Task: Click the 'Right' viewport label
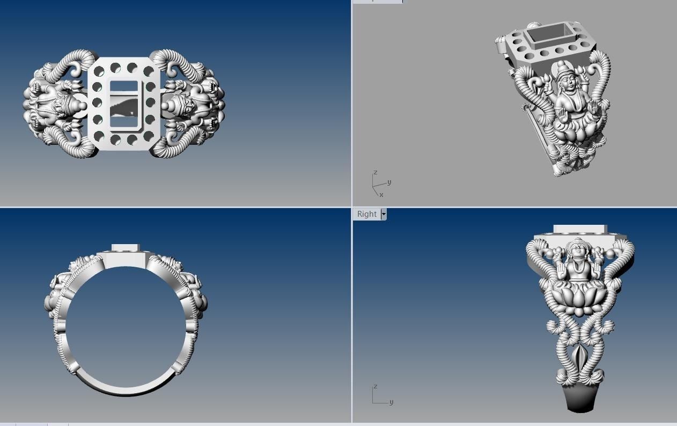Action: tap(366, 214)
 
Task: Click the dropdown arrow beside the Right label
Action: tap(383, 214)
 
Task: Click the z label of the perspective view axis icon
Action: tap(376, 172)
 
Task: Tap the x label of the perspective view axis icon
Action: tap(381, 195)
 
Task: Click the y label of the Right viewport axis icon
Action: tap(391, 402)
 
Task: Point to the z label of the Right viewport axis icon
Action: tap(376, 386)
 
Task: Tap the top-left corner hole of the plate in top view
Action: tap(99, 69)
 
